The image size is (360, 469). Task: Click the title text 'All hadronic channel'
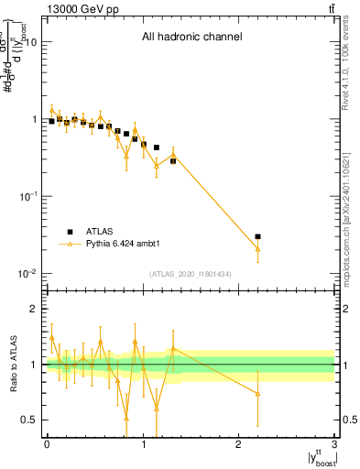(191, 38)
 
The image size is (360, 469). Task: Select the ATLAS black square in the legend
(69, 232)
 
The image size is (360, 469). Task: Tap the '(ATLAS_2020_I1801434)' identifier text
(191, 274)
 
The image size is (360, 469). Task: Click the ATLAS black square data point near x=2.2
(257, 236)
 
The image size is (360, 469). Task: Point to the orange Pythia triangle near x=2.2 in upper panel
(257, 249)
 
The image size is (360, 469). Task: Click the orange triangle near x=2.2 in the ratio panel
(257, 394)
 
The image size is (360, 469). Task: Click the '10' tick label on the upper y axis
(30, 42)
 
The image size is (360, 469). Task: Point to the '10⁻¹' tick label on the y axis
(27, 197)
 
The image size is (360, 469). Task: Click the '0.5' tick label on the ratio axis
(28, 420)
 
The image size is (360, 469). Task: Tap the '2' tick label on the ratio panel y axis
(33, 309)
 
